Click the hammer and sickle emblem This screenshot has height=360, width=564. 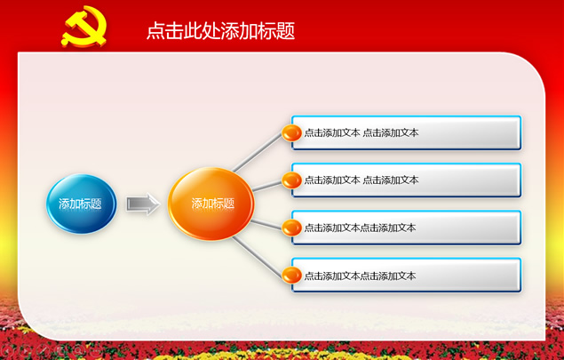pos(84,27)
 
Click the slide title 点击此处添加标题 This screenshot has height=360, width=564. pos(221,30)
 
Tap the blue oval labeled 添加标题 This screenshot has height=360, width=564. pos(82,204)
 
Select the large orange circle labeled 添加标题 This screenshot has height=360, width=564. pos(211,204)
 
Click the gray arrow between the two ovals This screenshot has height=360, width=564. pos(143,204)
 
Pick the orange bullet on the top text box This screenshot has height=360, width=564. pos(291,132)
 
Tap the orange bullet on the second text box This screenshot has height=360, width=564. pos(291,180)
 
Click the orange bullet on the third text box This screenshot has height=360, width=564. pos(291,228)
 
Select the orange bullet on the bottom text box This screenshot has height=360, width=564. pos(291,276)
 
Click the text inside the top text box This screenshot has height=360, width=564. pos(361,132)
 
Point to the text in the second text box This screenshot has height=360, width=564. pos(361,180)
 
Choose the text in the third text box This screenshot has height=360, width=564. pos(360,228)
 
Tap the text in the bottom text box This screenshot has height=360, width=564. pos(360,276)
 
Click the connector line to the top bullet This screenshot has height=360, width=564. pos(258,152)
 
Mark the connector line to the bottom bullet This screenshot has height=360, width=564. pos(258,257)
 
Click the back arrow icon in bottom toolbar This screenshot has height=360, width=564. pos(7,349)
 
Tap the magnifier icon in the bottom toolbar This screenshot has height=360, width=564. pos(77,349)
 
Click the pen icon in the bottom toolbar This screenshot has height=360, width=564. pos(43,349)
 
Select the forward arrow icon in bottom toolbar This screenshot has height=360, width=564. pos(25,349)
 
